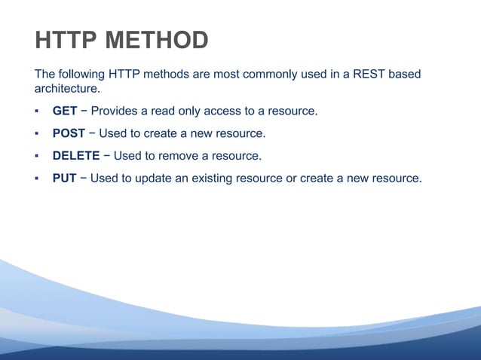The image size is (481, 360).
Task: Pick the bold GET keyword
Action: tap(64, 111)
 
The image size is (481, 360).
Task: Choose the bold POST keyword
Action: tap(69, 134)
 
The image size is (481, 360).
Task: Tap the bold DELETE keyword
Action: tap(76, 157)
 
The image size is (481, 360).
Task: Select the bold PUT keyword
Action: tap(64, 179)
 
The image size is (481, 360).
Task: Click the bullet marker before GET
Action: tap(36, 111)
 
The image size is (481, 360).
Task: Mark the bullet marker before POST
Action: tap(36, 134)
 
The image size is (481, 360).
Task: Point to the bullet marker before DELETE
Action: tap(36, 157)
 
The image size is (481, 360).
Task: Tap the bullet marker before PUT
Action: tap(36, 179)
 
